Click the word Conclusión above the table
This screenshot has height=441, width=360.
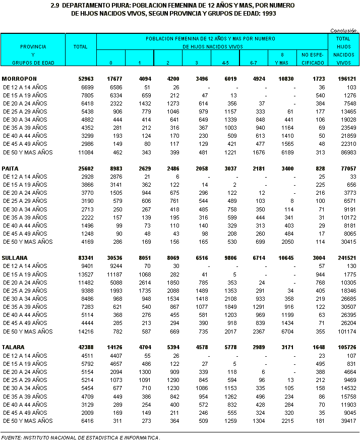coord(344,31)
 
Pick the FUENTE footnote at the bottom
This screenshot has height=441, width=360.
coord(81,437)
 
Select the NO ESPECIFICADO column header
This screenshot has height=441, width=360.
coord(312,59)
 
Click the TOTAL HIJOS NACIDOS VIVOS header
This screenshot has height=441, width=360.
coord(343,50)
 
